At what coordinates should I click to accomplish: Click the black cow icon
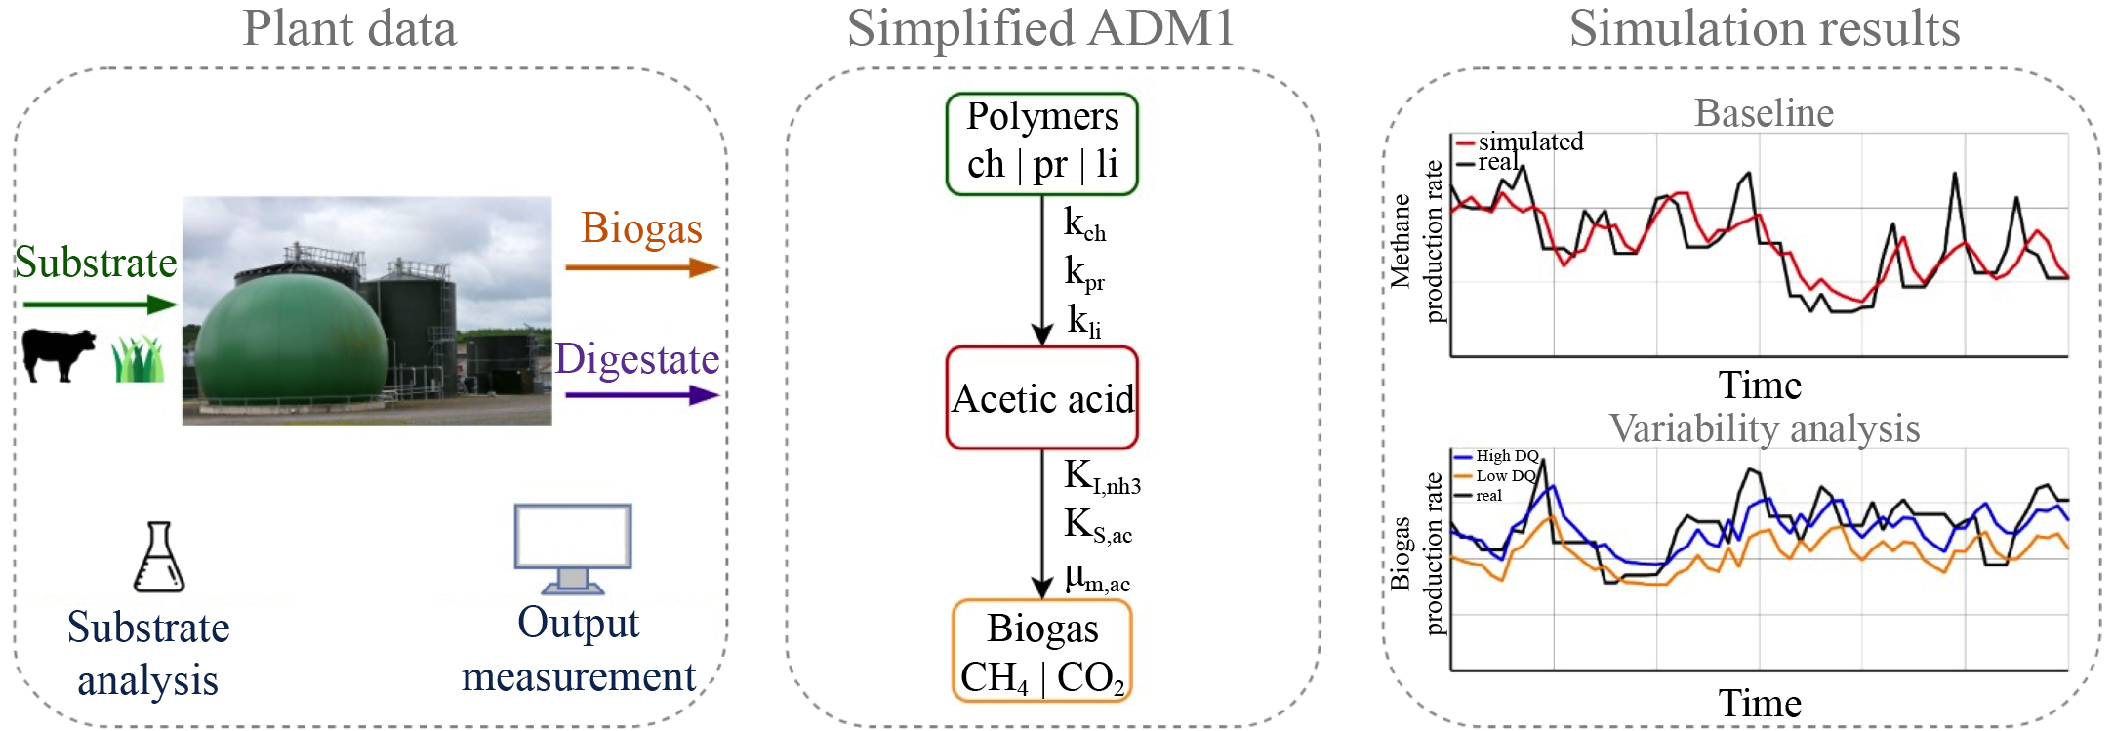click(x=59, y=353)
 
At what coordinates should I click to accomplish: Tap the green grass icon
click(x=138, y=359)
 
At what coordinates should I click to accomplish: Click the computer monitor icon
click(x=573, y=548)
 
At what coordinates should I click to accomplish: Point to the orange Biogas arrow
click(x=641, y=267)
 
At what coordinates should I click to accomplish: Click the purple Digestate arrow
click(x=641, y=395)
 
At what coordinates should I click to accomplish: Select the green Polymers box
click(x=1041, y=143)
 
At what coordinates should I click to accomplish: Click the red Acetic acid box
click(x=1041, y=397)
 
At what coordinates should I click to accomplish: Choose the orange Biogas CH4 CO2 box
click(x=1041, y=651)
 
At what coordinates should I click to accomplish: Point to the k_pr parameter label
click(x=1083, y=272)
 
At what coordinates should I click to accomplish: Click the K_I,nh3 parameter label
click(x=1101, y=476)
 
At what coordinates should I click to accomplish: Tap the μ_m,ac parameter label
click(x=1097, y=578)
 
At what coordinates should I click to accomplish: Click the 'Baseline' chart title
click(x=1764, y=113)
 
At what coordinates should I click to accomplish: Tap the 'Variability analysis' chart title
click(x=1764, y=428)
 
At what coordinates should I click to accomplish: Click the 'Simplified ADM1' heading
click(x=1040, y=28)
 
